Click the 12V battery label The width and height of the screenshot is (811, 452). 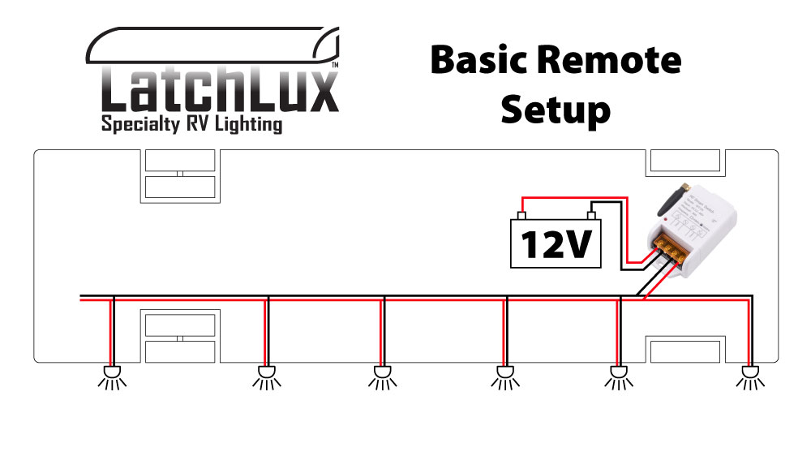[x=556, y=244]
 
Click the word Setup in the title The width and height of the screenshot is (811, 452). [x=555, y=108]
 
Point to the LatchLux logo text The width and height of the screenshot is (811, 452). [x=219, y=91]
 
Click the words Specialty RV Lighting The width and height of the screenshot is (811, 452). [x=191, y=124]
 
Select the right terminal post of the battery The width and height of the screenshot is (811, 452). [x=592, y=216]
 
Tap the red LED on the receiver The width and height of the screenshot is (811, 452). [x=665, y=220]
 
